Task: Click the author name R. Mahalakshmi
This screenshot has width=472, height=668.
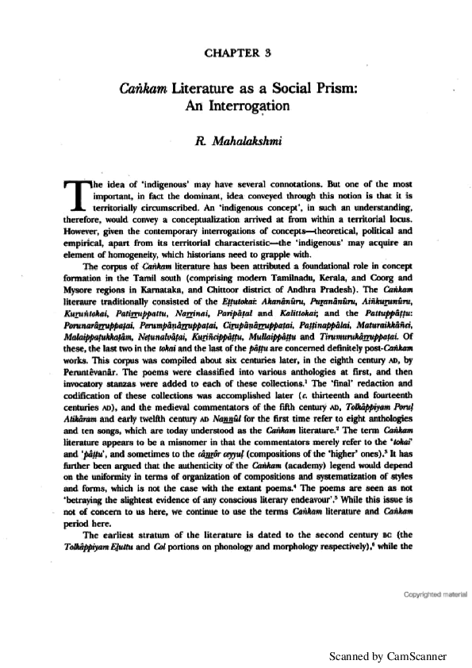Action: (x=237, y=143)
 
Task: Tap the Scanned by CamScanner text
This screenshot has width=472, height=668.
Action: (x=389, y=656)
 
